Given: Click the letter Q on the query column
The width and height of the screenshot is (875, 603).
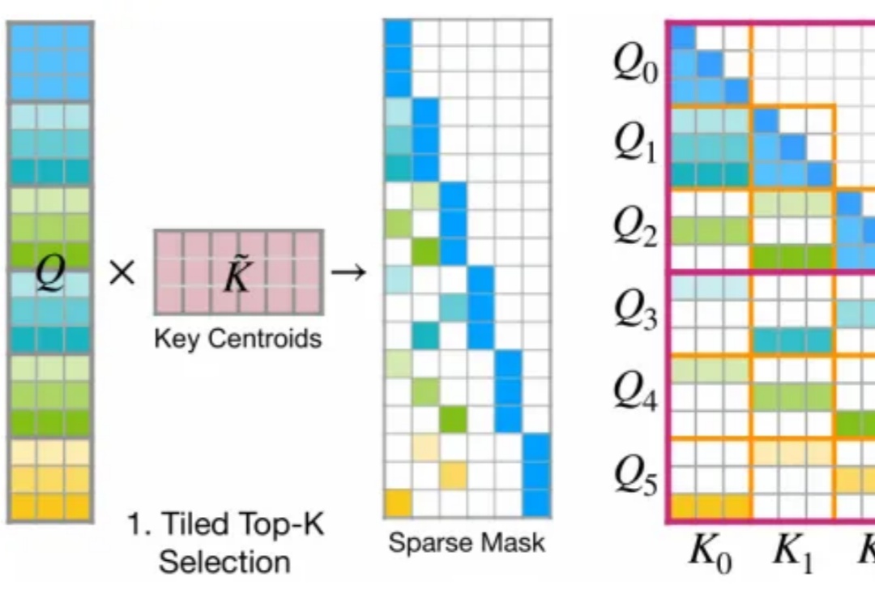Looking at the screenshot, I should coord(49,276).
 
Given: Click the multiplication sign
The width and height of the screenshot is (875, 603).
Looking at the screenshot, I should coord(122,273).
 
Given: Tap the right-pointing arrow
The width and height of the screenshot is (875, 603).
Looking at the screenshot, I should coord(349,272).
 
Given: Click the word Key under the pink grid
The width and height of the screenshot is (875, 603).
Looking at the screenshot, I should coord(176,339).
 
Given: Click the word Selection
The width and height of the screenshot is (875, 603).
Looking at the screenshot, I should coord(224,561).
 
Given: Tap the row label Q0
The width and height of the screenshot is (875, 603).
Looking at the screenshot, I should coord(636,66).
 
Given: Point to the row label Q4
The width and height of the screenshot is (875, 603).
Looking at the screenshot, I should coord(636,391).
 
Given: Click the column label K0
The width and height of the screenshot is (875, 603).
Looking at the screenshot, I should coord(710,554).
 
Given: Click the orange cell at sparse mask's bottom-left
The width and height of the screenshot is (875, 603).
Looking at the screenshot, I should coord(397,503).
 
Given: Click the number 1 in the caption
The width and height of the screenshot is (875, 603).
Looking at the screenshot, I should coord(134,525).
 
